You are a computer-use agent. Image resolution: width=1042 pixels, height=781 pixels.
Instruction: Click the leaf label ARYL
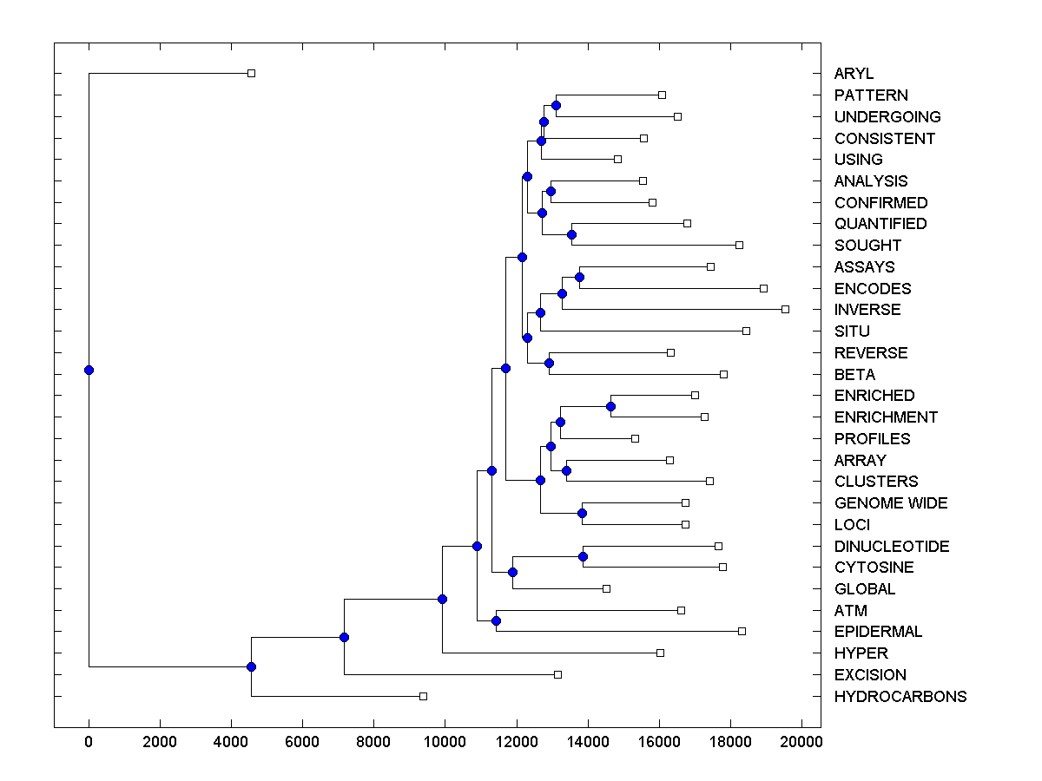[x=854, y=74]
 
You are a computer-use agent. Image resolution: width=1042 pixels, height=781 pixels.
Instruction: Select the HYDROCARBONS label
[x=900, y=697]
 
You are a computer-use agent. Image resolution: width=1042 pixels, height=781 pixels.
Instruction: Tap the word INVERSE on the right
[x=867, y=310]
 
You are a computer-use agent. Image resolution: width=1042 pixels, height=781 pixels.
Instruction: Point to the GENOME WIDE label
[x=890, y=503]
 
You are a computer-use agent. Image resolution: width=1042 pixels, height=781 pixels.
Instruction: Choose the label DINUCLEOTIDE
[x=891, y=547]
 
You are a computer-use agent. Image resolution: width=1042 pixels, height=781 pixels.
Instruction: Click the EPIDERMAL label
[x=878, y=632]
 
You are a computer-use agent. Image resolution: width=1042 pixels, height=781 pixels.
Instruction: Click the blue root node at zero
[x=89, y=370]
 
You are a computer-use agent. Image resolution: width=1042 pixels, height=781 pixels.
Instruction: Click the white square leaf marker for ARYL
[x=251, y=73]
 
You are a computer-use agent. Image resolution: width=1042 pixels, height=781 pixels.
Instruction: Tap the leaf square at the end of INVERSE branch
[x=785, y=309]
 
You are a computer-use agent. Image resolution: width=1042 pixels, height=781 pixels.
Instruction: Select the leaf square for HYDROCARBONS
[x=423, y=696]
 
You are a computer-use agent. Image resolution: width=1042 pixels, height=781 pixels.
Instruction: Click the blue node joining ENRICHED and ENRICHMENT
[x=610, y=406]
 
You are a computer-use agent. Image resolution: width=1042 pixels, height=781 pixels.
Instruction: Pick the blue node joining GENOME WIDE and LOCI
[x=582, y=514]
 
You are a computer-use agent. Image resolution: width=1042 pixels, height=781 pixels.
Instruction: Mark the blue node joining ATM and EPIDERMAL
[x=496, y=620]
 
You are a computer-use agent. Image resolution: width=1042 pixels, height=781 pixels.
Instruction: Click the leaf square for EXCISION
[x=557, y=674]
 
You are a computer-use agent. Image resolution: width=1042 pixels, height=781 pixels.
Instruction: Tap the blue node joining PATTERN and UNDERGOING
[x=556, y=105]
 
